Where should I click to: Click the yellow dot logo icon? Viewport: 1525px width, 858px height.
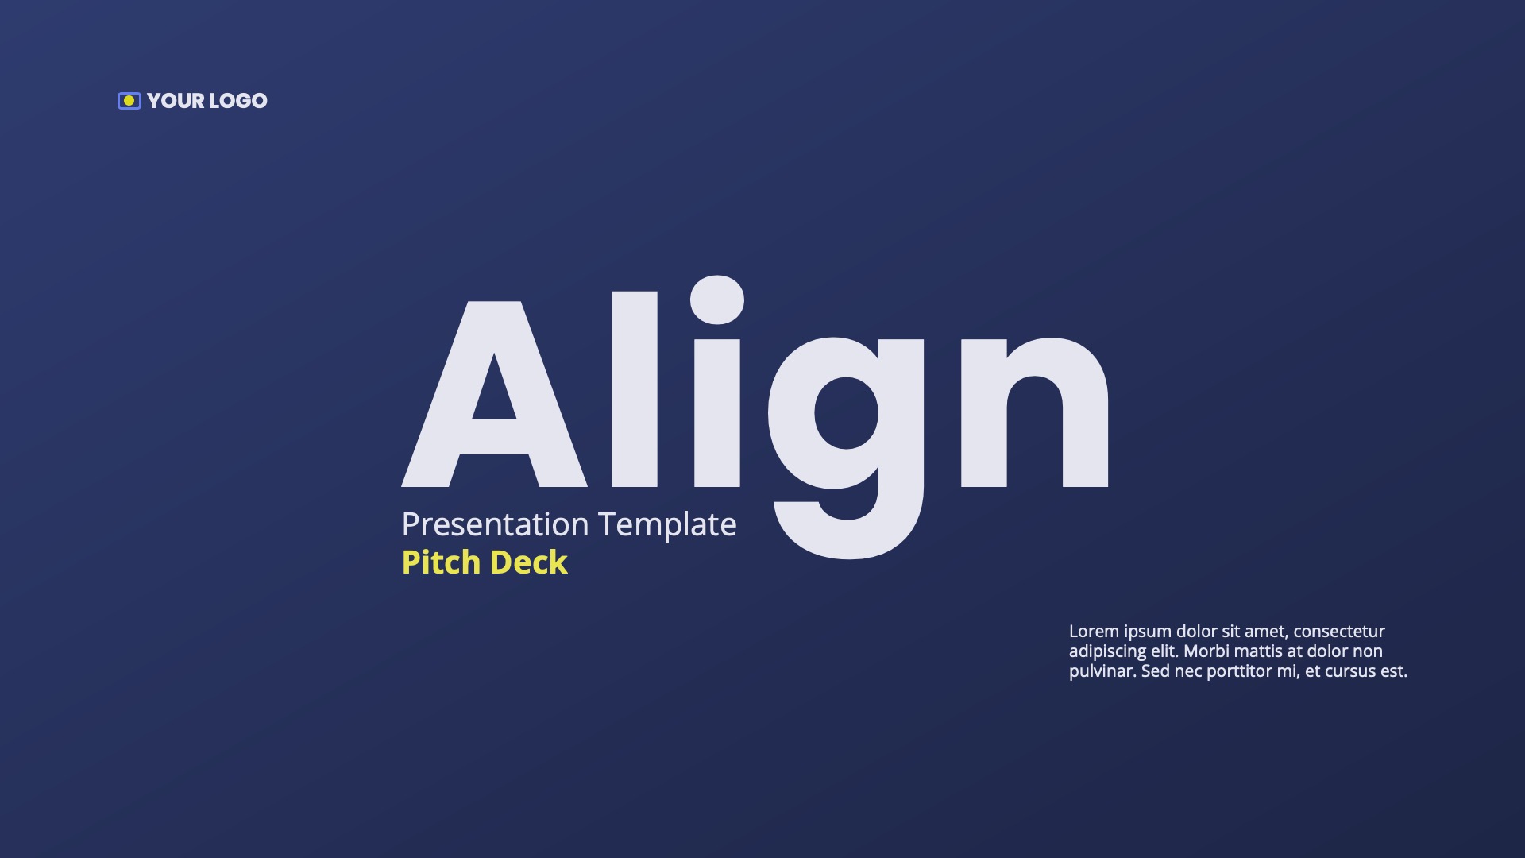point(129,101)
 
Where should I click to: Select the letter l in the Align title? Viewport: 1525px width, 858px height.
point(634,389)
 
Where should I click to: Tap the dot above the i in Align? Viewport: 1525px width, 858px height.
point(717,300)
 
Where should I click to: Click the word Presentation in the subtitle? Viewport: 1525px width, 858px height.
point(495,524)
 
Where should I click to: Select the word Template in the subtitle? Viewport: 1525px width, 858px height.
point(667,524)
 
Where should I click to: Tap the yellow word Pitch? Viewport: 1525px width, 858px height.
point(441,562)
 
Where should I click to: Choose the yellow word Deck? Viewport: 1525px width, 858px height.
point(529,562)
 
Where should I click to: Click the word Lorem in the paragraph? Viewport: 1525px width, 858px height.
point(1094,632)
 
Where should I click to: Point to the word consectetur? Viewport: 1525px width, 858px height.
point(1339,632)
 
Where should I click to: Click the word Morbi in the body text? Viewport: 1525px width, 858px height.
point(1206,651)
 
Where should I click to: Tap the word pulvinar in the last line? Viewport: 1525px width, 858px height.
point(1102,671)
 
